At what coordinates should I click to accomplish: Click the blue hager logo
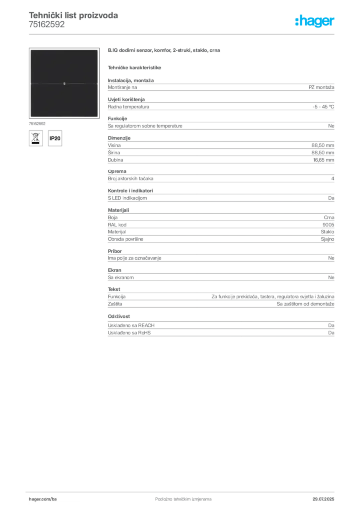[316, 22]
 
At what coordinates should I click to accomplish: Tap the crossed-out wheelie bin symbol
[35, 138]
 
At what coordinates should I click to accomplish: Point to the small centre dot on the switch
[64, 84]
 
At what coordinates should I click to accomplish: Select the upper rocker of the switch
[64, 66]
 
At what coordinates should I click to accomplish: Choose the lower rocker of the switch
[64, 100]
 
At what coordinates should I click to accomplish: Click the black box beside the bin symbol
[56, 138]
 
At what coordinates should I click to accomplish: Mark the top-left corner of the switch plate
[30, 50]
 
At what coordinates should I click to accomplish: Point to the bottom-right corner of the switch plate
[98, 117]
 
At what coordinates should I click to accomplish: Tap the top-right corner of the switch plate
[98, 50]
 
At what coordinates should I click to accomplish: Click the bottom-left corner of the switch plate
[30, 117]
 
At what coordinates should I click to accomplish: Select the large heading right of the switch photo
[165, 51]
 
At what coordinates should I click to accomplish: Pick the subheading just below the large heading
[135, 67]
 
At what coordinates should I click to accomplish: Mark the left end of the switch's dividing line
[30, 84]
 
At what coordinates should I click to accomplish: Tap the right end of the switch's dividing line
[97, 84]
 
